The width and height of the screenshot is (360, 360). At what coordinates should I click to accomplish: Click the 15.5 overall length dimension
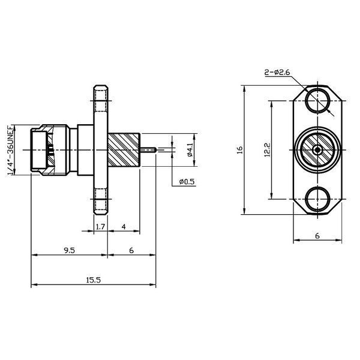coord(94,280)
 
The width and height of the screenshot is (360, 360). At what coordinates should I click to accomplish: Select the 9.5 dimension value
coord(70,250)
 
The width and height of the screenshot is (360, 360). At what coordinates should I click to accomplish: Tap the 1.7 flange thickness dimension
coord(100,227)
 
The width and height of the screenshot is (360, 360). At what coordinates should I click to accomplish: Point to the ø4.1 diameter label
coord(190,149)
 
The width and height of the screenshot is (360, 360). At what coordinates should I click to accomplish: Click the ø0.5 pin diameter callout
coord(187,182)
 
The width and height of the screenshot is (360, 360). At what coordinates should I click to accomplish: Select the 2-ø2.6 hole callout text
coord(277,73)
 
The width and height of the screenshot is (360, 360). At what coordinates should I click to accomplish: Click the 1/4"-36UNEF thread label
coord(11,150)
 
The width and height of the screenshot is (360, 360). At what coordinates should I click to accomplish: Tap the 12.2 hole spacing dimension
coord(268,150)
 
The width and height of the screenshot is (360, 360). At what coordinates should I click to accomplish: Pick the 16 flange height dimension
coord(240,150)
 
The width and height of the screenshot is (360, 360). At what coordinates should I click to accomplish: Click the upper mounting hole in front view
coord(317,101)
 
